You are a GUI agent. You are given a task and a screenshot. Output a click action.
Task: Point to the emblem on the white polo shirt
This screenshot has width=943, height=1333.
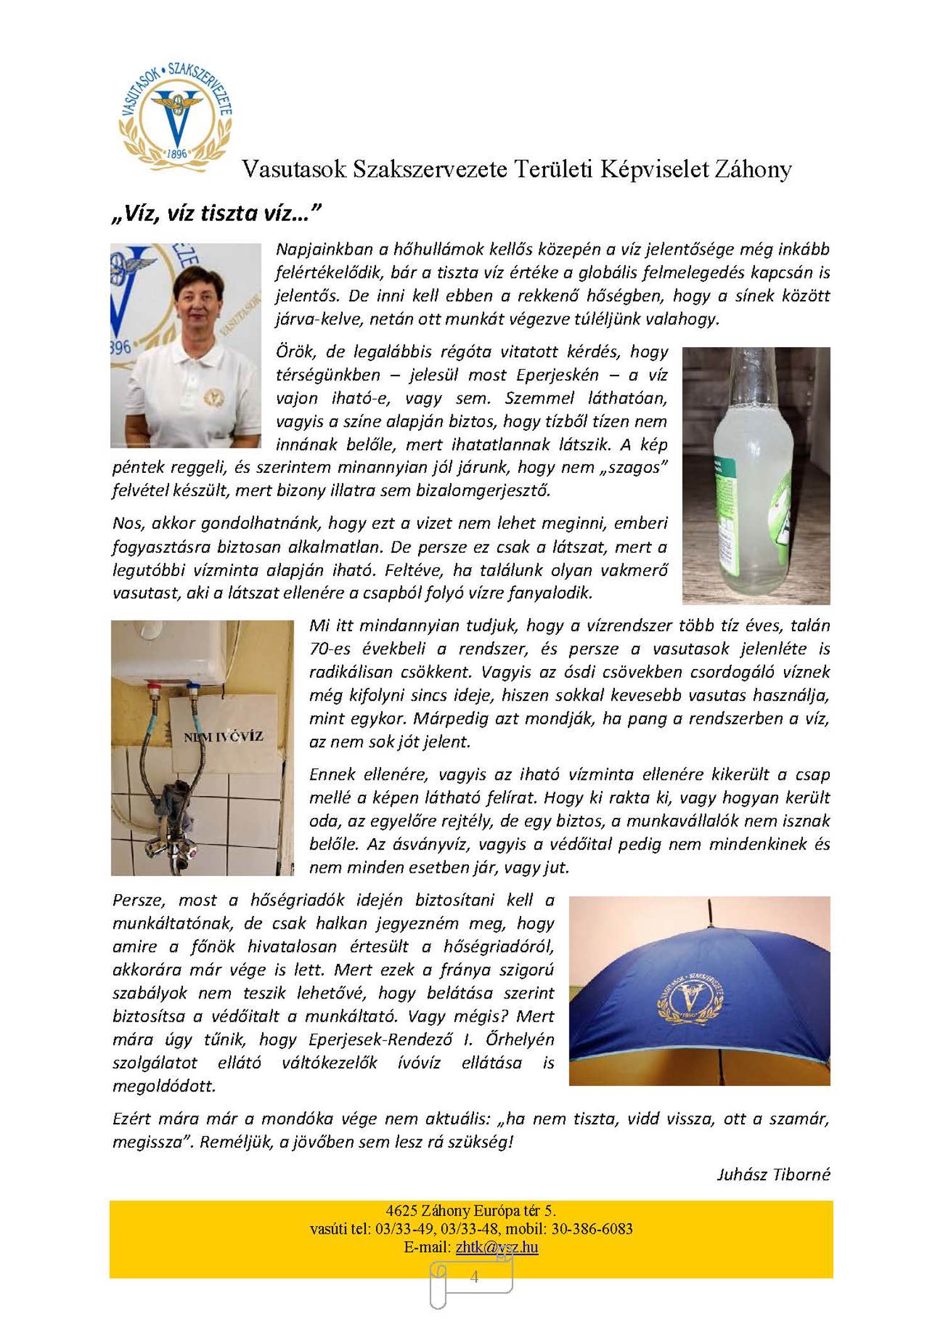[214, 397]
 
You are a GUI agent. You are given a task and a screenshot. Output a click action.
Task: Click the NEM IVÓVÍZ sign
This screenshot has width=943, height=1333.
[223, 736]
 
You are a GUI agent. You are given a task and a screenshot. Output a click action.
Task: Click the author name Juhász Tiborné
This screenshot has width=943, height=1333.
[773, 1174]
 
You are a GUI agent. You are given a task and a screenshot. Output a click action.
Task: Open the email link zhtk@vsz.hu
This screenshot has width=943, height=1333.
[497, 1247]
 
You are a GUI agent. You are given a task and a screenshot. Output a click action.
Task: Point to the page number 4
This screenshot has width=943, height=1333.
[474, 1276]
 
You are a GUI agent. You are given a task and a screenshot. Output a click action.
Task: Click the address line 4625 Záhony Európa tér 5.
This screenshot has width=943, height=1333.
[471, 1210]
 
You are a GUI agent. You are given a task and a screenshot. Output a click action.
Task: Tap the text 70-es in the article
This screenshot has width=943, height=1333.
[330, 649]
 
